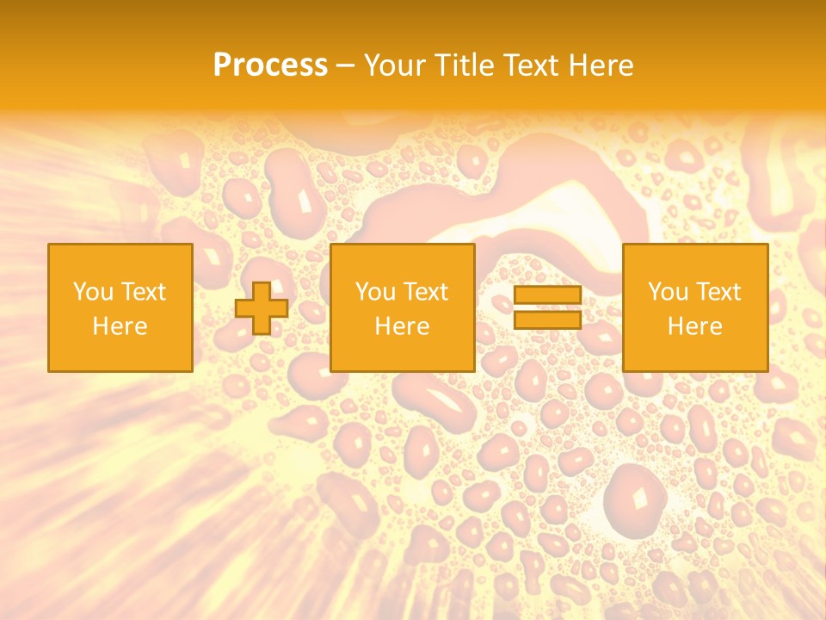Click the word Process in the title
(270, 65)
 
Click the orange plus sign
(262, 308)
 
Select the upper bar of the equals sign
(547, 295)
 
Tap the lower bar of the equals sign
(547, 319)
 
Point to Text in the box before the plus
(142, 292)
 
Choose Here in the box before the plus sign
(120, 326)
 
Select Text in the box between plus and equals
(424, 292)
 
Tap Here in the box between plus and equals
(402, 326)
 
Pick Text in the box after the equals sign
(717, 292)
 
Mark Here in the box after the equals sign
(694, 326)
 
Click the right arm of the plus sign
(279, 308)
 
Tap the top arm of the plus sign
(262, 291)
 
